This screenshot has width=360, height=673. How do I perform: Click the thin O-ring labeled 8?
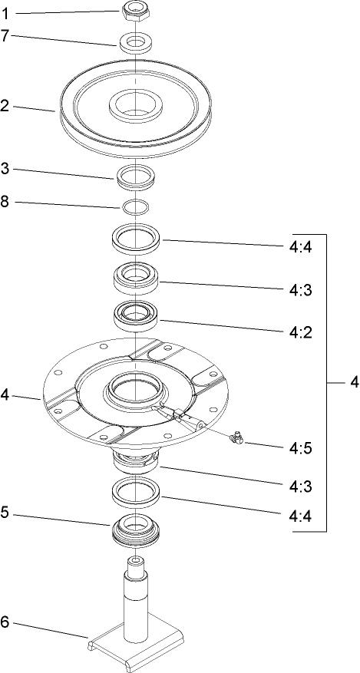(x=135, y=206)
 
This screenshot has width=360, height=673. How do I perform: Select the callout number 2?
(x=6, y=106)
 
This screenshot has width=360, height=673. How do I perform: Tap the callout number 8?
(x=6, y=203)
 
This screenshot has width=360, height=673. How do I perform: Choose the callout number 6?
(x=6, y=622)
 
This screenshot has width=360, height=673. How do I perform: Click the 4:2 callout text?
(x=300, y=333)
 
